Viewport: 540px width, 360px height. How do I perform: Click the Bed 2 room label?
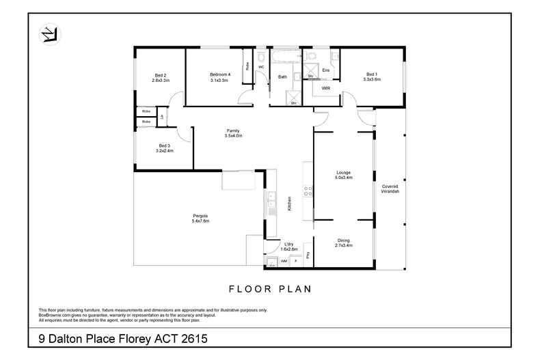(x=160, y=77)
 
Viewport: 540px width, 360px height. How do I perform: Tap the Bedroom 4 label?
(x=219, y=77)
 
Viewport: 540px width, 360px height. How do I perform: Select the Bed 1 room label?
(x=371, y=77)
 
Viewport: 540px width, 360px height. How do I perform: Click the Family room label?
(x=234, y=133)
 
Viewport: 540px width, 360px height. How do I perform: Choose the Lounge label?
(x=343, y=174)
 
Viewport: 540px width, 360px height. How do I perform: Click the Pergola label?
(x=200, y=218)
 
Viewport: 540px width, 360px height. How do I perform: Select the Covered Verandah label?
(x=390, y=188)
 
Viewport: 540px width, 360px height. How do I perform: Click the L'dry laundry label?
(x=288, y=247)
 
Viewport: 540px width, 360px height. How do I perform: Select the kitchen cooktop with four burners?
(x=308, y=191)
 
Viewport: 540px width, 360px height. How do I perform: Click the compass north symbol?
(x=49, y=33)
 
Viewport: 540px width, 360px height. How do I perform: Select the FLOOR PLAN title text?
(x=270, y=289)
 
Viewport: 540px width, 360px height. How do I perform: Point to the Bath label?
(x=282, y=77)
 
